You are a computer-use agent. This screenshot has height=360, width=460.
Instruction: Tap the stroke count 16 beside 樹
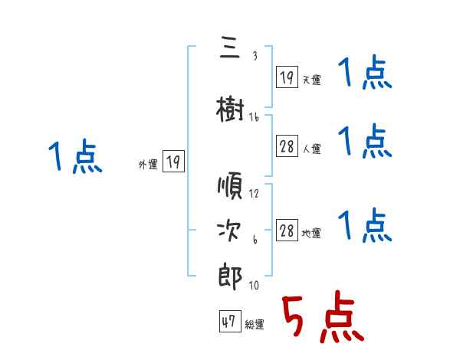(254, 116)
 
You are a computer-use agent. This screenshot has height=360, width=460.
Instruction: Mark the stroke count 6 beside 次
(255, 241)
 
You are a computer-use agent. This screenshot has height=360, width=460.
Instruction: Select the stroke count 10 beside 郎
(254, 286)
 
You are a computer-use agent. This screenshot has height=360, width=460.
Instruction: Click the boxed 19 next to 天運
(287, 77)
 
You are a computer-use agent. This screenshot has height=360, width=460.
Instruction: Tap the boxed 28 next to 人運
(287, 147)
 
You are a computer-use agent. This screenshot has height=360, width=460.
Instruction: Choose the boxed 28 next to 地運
(287, 231)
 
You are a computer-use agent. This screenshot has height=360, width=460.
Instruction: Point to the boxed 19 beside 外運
(173, 162)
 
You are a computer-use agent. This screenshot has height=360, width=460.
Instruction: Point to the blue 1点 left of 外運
(74, 157)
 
